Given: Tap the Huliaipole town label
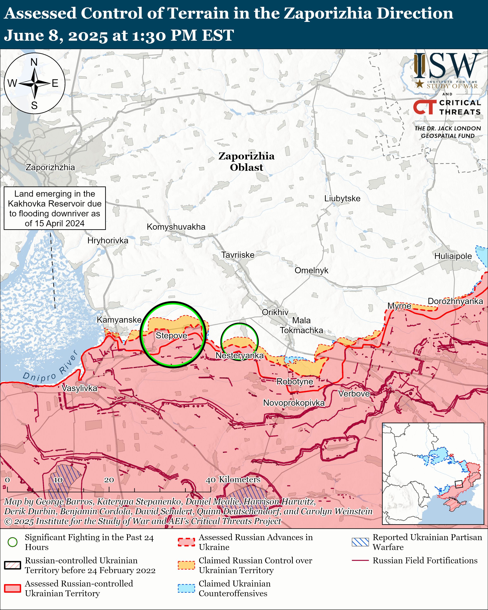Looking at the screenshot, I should click(453, 256).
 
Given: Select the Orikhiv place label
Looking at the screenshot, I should click(275, 312).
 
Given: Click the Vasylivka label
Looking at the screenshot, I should click(80, 388).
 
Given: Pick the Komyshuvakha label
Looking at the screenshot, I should click(176, 227).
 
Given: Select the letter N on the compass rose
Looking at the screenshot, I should click(34, 62).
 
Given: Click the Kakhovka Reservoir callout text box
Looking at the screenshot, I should click(55, 208).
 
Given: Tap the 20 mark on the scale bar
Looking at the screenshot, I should click(109, 480).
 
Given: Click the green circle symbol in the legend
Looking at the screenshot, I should click(12, 542).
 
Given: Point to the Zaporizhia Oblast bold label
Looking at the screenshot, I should click(246, 162).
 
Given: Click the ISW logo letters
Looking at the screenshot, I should click(447, 67).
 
